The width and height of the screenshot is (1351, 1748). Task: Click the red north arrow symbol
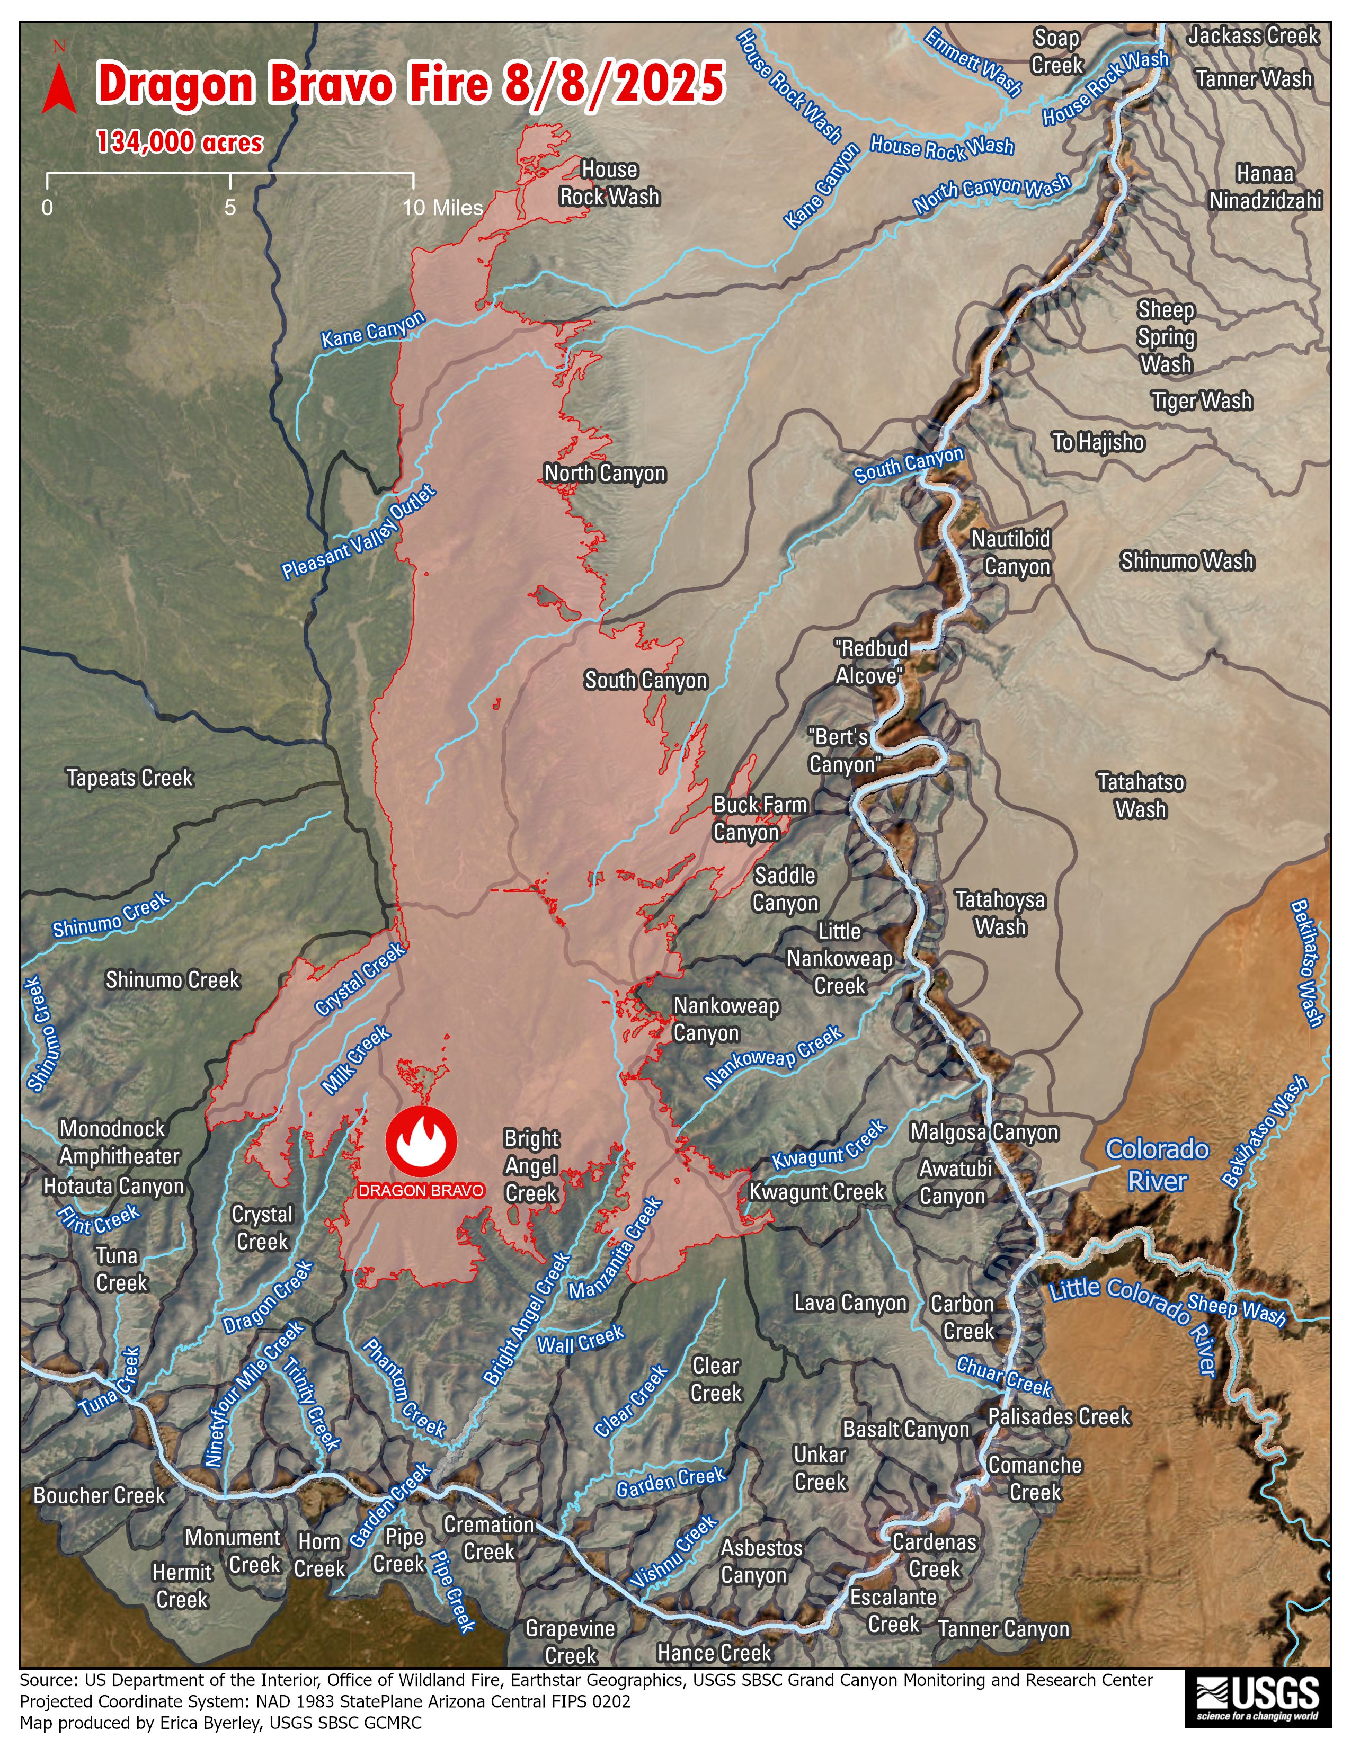click(59, 87)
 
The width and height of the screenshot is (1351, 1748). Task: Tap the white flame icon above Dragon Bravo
click(421, 1140)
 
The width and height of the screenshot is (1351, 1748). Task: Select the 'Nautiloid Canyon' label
click(1011, 552)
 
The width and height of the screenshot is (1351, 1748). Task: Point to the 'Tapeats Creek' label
click(130, 778)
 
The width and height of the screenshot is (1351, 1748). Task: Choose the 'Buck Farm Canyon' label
click(759, 818)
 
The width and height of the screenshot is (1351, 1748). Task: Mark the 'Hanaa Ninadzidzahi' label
click(1265, 186)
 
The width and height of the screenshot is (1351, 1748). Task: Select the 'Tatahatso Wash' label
click(1141, 796)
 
